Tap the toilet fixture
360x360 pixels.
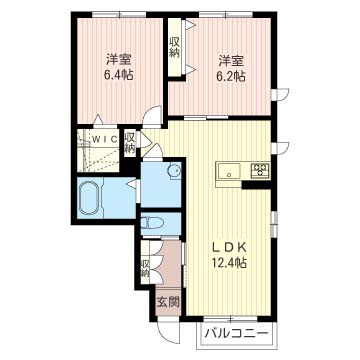point(151,222)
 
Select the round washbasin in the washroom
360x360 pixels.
point(174,171)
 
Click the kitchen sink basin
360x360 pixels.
point(229,172)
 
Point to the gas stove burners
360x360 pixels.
point(260,170)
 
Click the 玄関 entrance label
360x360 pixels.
point(168,302)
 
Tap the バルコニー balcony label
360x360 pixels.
point(237,333)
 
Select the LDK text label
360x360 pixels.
point(230,247)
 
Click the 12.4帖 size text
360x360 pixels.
point(229,263)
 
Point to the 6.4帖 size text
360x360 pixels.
point(119,75)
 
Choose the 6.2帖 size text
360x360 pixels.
point(231,77)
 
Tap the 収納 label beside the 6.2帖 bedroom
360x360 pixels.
point(175,48)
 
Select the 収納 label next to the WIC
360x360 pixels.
point(130,143)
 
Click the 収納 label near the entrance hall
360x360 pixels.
point(145,269)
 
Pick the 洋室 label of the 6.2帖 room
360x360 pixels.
point(231,61)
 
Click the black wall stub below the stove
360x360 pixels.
point(256,185)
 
